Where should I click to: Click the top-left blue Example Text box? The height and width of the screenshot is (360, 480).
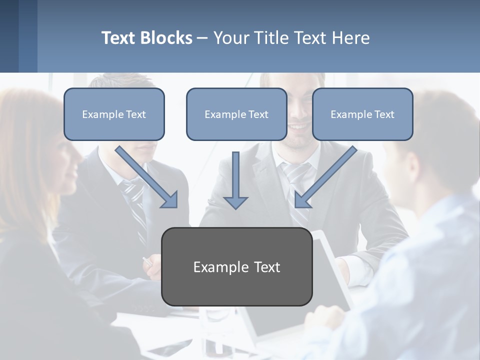tap(114, 114)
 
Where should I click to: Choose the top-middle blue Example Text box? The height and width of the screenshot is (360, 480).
tap(236, 114)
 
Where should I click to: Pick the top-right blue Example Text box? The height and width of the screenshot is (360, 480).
tap(362, 114)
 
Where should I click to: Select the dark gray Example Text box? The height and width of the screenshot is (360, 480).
tap(236, 266)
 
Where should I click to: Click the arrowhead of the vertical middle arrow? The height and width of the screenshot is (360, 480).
tap(235, 202)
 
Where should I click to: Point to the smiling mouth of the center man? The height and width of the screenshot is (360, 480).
tap(298, 127)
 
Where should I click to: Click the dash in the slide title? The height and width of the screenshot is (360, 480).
tap(202, 38)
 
